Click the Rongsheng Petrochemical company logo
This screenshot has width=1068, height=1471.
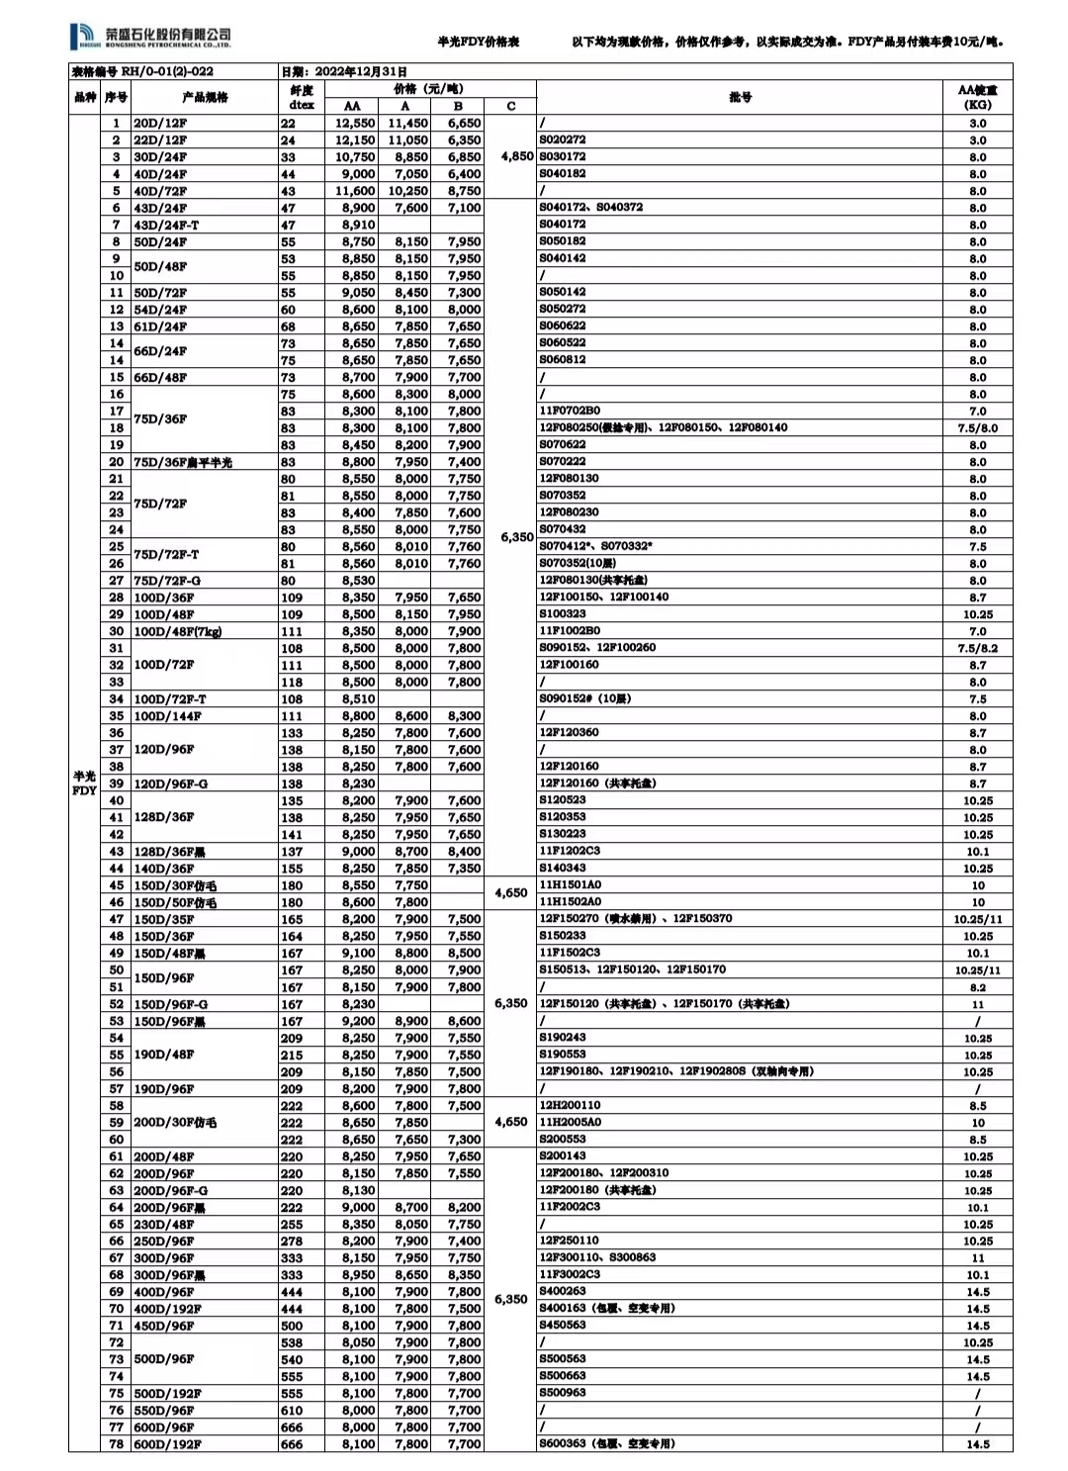[151, 39]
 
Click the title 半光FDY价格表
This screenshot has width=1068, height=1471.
[478, 43]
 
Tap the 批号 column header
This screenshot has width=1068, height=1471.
[740, 97]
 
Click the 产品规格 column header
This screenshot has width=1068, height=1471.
[205, 97]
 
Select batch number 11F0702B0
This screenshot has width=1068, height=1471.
[569, 411]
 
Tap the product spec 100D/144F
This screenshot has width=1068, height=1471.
[167, 716]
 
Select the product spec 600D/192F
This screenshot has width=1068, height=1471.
[167, 1444]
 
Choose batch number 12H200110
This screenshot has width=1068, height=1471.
[569, 1105]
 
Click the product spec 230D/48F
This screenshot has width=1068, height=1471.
[164, 1225]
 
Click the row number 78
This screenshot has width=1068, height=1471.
[117, 1444]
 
